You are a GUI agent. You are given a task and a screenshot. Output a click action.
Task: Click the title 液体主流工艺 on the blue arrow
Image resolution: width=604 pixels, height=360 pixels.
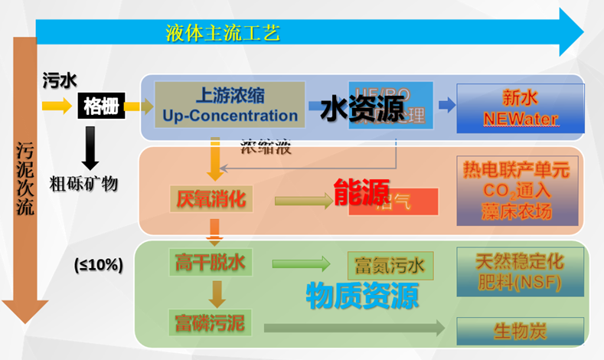tap(223, 33)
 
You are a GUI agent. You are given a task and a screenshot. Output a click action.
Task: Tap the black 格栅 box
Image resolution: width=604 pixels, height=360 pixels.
tap(100, 106)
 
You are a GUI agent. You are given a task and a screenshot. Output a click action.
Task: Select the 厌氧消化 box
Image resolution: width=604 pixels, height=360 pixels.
tap(208, 201)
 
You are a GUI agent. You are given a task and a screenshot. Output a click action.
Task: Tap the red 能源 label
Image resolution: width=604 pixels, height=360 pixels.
tap(361, 193)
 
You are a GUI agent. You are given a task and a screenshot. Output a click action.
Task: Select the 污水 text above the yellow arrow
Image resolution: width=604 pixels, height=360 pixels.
tap(58, 80)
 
